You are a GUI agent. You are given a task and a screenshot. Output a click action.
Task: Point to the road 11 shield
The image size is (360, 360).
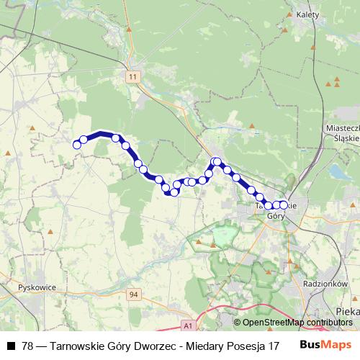pyautogui.click(x=132, y=76)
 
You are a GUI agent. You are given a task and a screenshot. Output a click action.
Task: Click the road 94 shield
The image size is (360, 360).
pyautogui.click(x=132, y=294)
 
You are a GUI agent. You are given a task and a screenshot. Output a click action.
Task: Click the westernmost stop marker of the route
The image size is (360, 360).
pyautogui.click(x=76, y=144)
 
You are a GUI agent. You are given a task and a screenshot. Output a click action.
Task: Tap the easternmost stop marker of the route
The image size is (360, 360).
pyautogui.click(x=283, y=205)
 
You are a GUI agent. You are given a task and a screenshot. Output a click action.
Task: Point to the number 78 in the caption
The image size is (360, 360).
pyautogui.click(x=27, y=346)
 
